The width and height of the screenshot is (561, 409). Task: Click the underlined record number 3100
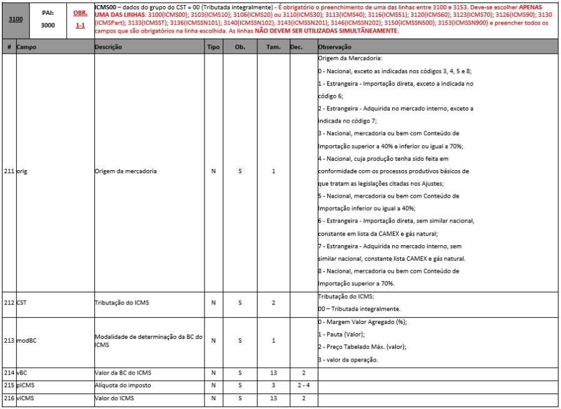click(16, 20)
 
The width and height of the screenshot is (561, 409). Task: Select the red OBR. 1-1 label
click(80, 20)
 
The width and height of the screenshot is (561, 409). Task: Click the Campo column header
click(26, 47)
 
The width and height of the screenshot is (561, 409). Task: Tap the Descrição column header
click(108, 47)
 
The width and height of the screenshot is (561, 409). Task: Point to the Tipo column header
click(213, 47)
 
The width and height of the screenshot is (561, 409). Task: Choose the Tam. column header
click(273, 47)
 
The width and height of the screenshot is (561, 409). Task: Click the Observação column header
click(335, 47)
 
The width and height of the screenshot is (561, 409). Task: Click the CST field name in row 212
click(21, 303)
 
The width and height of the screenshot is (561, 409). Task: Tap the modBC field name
click(26, 341)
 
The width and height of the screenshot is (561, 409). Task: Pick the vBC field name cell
click(21, 372)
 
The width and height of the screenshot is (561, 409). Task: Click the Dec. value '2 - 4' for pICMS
click(304, 385)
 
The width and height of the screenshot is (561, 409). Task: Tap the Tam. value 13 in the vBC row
click(273, 372)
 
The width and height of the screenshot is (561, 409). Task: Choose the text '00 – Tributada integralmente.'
click(359, 309)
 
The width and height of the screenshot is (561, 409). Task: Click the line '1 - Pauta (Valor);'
click(341, 335)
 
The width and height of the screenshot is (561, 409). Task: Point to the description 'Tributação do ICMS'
click(121, 303)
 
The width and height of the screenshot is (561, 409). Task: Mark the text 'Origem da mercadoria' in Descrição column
click(125, 171)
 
